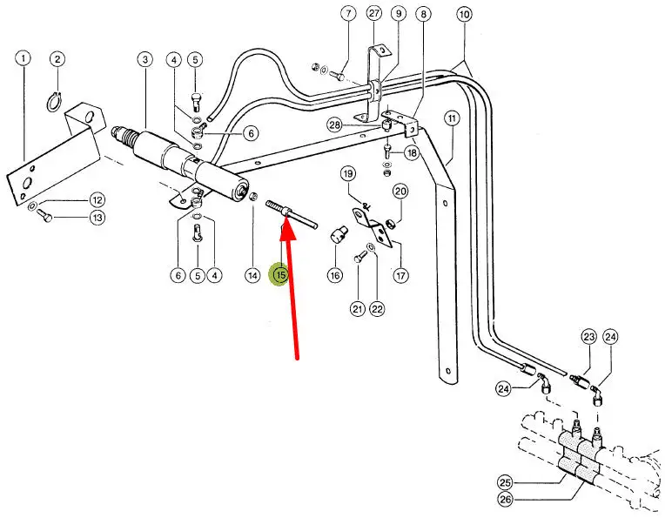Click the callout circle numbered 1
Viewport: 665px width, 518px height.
[x=23, y=59]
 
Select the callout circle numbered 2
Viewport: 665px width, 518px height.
[x=57, y=59]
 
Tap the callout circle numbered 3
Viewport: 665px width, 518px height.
[x=144, y=59]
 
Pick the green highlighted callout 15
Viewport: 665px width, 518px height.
[x=280, y=275]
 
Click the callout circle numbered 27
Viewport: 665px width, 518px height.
[x=374, y=13]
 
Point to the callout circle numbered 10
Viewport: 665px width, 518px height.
[x=463, y=14]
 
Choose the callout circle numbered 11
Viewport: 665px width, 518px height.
[x=451, y=118]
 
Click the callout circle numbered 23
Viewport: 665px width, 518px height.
[x=589, y=337]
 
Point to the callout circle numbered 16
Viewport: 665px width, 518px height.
[x=335, y=275]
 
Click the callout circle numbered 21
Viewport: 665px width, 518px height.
[x=358, y=308]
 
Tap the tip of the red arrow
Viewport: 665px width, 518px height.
[x=284, y=225]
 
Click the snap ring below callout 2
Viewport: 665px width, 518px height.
[x=55, y=104]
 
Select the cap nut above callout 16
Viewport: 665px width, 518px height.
[x=337, y=234]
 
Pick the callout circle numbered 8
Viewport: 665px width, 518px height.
[x=423, y=14]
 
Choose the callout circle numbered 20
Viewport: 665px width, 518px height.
[x=400, y=192]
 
